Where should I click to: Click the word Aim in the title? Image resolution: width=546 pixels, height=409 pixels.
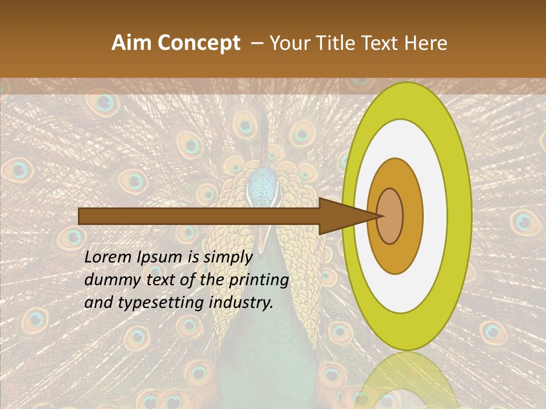[x=131, y=43]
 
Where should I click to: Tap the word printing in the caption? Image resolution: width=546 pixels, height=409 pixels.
[x=259, y=281]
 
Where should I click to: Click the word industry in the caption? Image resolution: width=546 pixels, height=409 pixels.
[x=241, y=303]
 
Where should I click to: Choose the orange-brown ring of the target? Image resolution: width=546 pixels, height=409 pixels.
[x=412, y=216]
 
